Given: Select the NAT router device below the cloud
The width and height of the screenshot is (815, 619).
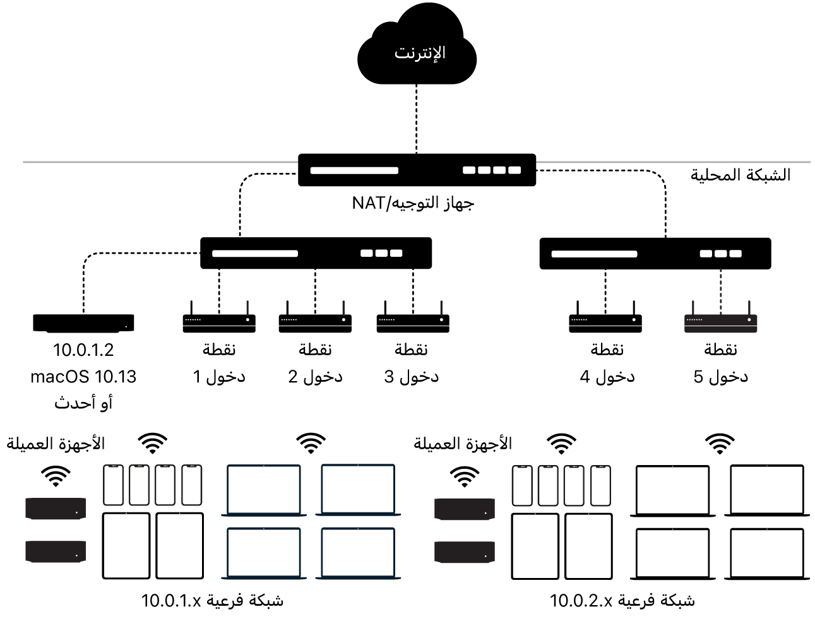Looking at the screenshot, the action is (417, 170).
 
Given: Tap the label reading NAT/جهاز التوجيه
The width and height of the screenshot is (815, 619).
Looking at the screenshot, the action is (413, 203).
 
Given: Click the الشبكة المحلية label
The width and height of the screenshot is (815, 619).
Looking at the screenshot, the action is (740, 175).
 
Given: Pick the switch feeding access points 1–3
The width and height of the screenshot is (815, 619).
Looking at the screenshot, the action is (316, 253).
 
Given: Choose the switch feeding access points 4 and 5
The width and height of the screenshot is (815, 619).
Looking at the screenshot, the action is (655, 254).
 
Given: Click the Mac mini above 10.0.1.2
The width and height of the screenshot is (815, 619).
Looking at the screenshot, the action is (83, 323).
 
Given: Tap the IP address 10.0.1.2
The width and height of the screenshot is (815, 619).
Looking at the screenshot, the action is (83, 350).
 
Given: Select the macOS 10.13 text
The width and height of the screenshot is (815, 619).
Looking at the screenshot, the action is (83, 377).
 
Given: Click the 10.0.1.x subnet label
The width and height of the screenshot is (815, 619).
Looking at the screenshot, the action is (212, 601).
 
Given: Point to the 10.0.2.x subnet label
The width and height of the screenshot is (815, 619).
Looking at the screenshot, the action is (622, 601).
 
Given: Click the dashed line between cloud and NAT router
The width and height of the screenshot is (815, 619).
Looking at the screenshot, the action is (416, 119).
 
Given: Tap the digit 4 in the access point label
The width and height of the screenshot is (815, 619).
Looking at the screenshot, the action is (585, 377).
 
